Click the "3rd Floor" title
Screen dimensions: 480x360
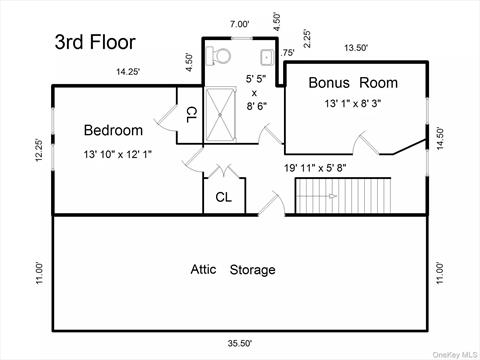pyautogui.click(x=95, y=42)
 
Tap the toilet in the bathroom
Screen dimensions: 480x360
pyautogui.click(x=218, y=55)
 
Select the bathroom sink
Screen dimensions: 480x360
pyautogui.click(x=267, y=57)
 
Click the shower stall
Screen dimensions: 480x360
pyautogui.click(x=220, y=114)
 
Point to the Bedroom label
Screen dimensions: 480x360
pyautogui.click(x=113, y=130)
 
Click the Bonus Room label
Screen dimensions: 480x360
pyautogui.click(x=353, y=83)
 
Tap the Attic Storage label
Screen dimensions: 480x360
pyautogui.click(x=233, y=269)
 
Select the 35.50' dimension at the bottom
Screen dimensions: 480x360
pyautogui.click(x=240, y=343)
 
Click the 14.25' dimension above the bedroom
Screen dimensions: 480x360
pyautogui.click(x=128, y=72)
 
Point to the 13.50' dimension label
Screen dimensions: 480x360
pyautogui.click(x=356, y=48)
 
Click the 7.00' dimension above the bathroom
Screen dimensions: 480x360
pyautogui.click(x=239, y=24)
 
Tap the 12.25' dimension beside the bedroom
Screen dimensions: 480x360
pyautogui.click(x=40, y=150)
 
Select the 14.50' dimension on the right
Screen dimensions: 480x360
pyautogui.click(x=440, y=138)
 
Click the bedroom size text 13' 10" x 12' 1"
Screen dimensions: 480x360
pyautogui.click(x=118, y=154)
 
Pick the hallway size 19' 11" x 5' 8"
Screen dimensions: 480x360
pyautogui.click(x=315, y=168)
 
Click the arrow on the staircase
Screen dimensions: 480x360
pyautogui.click(x=316, y=196)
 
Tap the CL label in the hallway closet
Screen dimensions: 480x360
pyautogui.click(x=223, y=197)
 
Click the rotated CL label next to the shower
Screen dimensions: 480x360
pyautogui.click(x=191, y=115)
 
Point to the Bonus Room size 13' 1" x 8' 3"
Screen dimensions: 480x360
pyautogui.click(x=353, y=103)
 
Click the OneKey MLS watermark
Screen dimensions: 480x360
pyautogui.click(x=456, y=354)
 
